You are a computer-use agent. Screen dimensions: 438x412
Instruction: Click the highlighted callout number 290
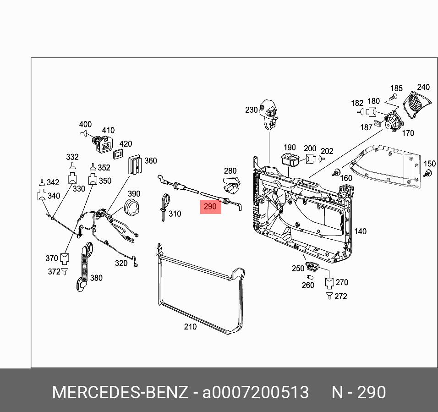pyautogui.click(x=210, y=207)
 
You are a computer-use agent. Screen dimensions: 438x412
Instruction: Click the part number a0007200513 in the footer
pyautogui.click(x=256, y=393)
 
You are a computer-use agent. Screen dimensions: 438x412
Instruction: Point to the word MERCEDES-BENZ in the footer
pyautogui.click(x=120, y=393)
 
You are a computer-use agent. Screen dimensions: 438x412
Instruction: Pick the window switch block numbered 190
pyautogui.click(x=289, y=160)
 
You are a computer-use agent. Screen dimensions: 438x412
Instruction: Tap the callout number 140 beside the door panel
pyautogui.click(x=361, y=231)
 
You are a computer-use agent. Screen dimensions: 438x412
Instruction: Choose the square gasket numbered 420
pyautogui.click(x=119, y=153)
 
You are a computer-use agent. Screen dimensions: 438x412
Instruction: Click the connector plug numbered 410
pyautogui.click(x=104, y=144)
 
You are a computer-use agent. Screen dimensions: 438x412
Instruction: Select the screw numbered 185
pyautogui.click(x=392, y=97)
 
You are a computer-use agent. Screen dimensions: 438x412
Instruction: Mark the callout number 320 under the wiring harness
pyautogui.click(x=121, y=263)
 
